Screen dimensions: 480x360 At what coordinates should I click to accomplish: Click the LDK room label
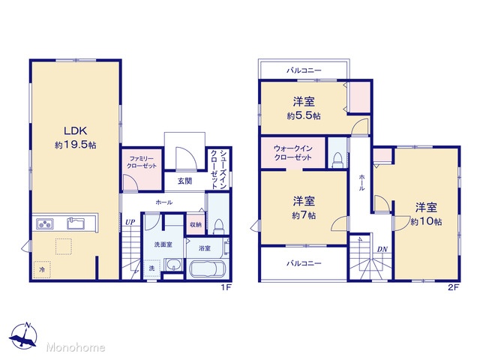pos(75,131)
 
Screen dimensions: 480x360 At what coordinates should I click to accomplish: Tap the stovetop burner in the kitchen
pos(45,223)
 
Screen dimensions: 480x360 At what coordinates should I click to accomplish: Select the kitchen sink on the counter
pos(76,223)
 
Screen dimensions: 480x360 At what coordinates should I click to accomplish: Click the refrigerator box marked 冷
pos(42,270)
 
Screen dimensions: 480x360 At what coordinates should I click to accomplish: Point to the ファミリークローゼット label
pos(142,162)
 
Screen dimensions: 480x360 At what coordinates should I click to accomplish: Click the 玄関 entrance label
pos(185,181)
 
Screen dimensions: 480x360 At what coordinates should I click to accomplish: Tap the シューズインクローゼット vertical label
pos(219,169)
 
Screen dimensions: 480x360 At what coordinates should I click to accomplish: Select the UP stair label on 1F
pos(130,222)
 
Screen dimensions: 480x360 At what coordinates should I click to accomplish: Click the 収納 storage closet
pos(196,224)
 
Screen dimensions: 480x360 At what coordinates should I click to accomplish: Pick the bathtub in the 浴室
pos(208,268)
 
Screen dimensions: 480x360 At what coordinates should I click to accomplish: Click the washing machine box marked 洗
pos(151,268)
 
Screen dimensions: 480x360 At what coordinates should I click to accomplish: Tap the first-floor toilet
pos(218,226)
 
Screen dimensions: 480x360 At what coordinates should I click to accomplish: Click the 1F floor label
pos(225,287)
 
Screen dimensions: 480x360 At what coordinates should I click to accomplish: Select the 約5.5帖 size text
pos(304,115)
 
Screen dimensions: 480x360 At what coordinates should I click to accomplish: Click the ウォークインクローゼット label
pos(293,153)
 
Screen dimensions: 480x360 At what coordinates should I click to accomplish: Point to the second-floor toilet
pos(337,160)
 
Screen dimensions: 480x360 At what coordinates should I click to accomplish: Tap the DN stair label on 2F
pos(382,250)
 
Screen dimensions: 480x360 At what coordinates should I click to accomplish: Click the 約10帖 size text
pos(426,221)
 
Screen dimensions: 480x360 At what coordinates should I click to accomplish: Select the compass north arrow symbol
pos(23,336)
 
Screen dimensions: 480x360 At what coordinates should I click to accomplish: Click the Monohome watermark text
pos(76,347)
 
